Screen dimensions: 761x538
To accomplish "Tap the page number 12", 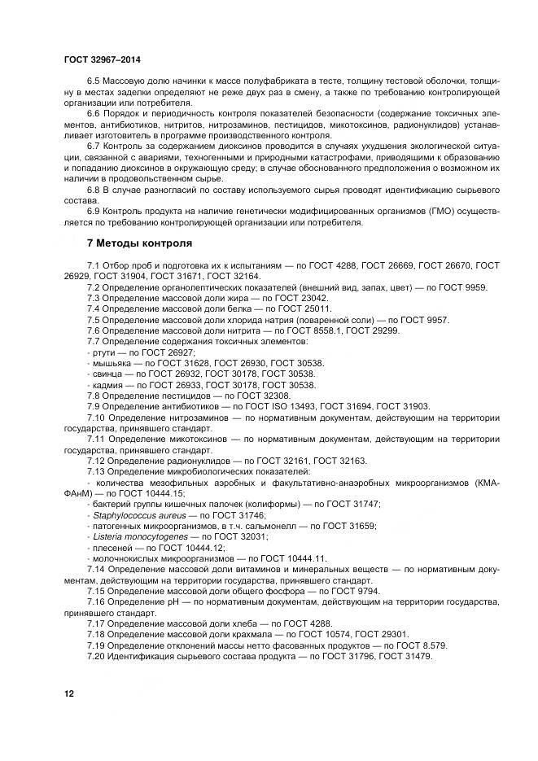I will coord(69,693).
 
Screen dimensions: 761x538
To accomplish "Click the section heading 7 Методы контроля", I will coord(139,243).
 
